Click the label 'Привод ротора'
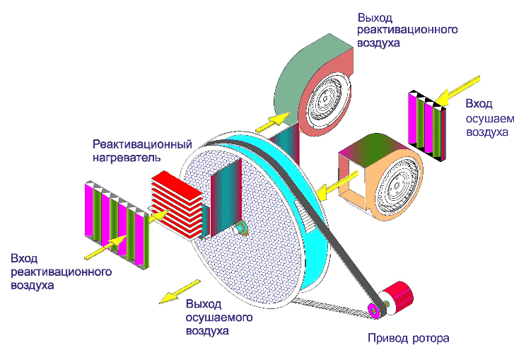[x=408, y=337]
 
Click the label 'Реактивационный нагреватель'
[x=142, y=151]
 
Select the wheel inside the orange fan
[x=392, y=182]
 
